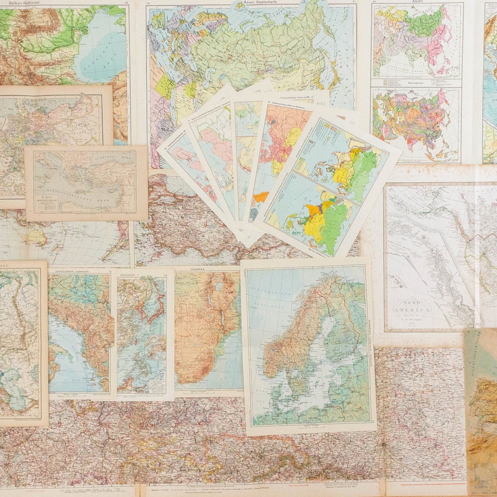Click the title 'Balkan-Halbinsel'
coord(22,4)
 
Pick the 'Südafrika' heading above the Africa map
coord(208,271)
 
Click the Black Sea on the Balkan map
coord(99,43)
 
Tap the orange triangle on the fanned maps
coord(261,198)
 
